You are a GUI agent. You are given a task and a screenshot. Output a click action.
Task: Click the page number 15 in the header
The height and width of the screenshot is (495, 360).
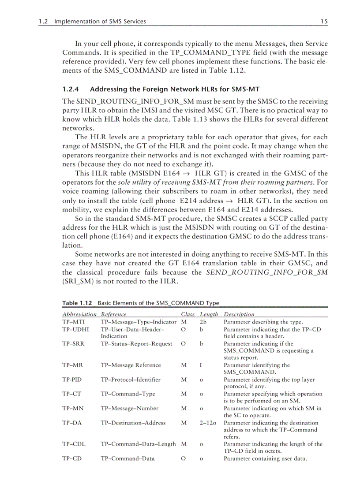pos(324,21)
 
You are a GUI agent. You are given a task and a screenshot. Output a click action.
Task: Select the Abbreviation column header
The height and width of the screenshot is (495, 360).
pos(79,314)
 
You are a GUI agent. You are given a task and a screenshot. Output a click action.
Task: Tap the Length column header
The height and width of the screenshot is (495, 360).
pos(209,314)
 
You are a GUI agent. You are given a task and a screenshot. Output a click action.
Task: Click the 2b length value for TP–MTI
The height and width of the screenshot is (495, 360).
pos(203,322)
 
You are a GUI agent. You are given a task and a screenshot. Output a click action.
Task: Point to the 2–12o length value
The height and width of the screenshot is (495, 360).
pos(208,423)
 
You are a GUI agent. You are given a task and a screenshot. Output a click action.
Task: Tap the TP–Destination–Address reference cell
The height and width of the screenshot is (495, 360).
pos(133,423)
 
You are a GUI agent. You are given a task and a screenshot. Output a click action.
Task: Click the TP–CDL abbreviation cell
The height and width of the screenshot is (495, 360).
pos(74,444)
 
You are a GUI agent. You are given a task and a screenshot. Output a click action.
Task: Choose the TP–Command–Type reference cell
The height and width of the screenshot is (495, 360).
pos(128,394)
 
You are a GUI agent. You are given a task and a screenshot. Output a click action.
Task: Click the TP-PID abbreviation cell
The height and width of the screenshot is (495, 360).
pos(71,380)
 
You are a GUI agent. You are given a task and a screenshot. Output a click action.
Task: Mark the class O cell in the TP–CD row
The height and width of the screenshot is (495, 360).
pos(184,458)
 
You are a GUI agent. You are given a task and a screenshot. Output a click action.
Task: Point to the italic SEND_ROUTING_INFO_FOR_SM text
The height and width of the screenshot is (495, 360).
pos(267,272)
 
